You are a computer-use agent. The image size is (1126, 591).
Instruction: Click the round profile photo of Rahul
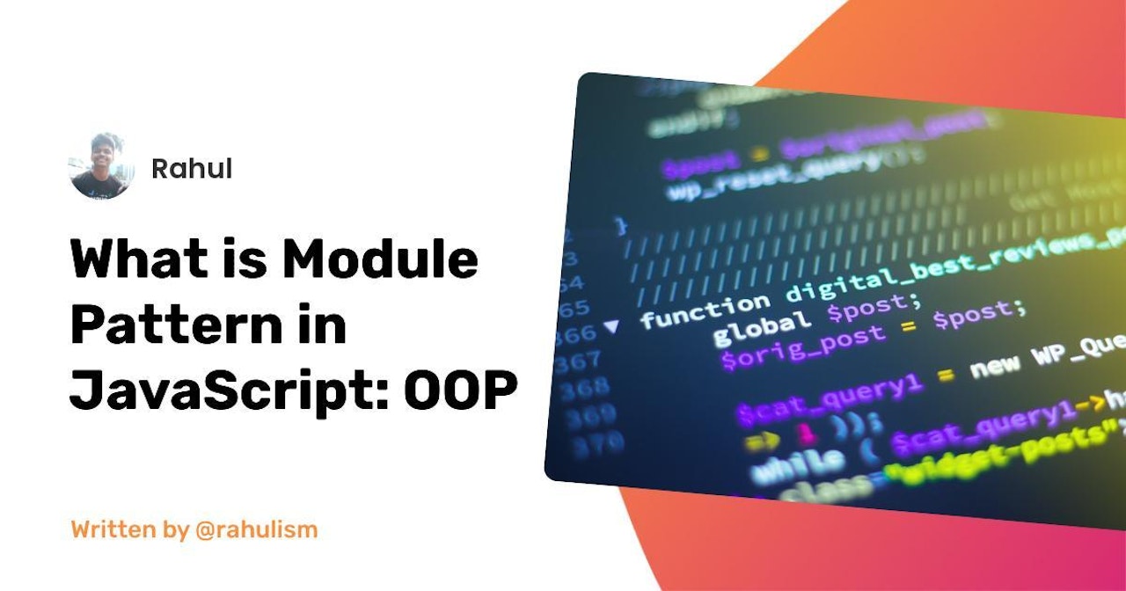click(x=102, y=166)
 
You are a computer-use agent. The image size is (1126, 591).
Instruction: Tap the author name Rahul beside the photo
click(x=192, y=168)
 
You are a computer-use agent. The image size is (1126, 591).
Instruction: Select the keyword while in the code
click(x=797, y=464)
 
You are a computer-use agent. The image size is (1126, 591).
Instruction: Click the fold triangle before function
click(x=611, y=327)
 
